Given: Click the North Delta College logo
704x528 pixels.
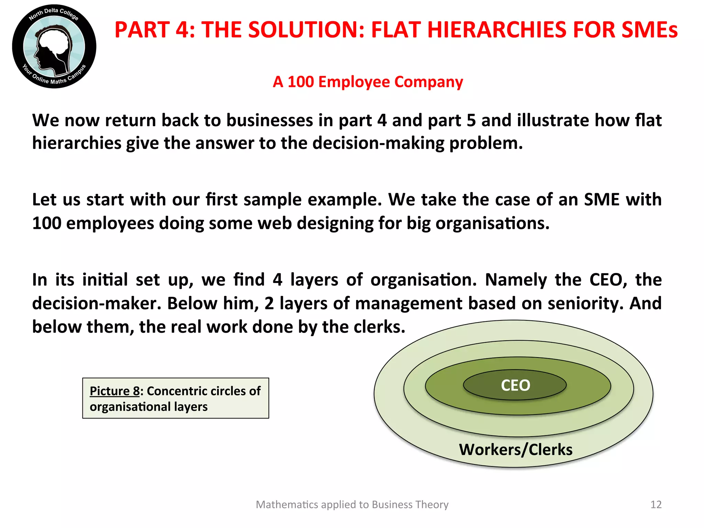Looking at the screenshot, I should tap(54, 46).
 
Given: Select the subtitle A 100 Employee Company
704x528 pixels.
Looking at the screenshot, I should tap(368, 82).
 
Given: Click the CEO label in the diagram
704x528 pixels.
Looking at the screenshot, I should tap(515, 385).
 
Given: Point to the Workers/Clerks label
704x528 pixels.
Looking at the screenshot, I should tap(516, 450).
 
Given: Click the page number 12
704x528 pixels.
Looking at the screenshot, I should tap(656, 504).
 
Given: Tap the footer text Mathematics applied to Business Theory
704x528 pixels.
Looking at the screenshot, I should tap(352, 504).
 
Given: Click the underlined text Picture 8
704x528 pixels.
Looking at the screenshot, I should tap(114, 391).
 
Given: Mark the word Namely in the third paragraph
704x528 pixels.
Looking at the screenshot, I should tap(516, 280).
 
